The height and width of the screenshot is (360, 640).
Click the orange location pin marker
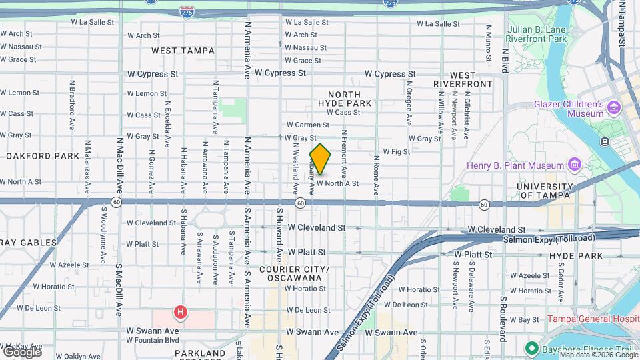tap(320, 159)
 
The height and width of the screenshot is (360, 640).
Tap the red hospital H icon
tap(179, 311)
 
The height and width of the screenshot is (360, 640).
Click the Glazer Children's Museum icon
tap(613, 107)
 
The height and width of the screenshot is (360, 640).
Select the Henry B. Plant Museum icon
tap(573, 165)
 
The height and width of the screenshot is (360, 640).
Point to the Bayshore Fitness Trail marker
tap(531, 348)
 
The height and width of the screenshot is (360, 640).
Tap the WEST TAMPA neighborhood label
tap(183, 51)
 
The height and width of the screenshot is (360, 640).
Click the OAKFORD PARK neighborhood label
tap(43, 156)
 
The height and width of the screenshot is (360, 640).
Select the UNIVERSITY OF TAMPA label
tap(545, 191)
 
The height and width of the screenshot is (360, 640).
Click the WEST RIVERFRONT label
tap(463, 79)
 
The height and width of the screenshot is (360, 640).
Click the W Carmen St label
tap(307, 125)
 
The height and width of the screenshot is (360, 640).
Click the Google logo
tap(21, 351)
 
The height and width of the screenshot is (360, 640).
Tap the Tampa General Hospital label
tap(593, 319)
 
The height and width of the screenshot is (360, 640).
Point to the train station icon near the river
tap(605, 141)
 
